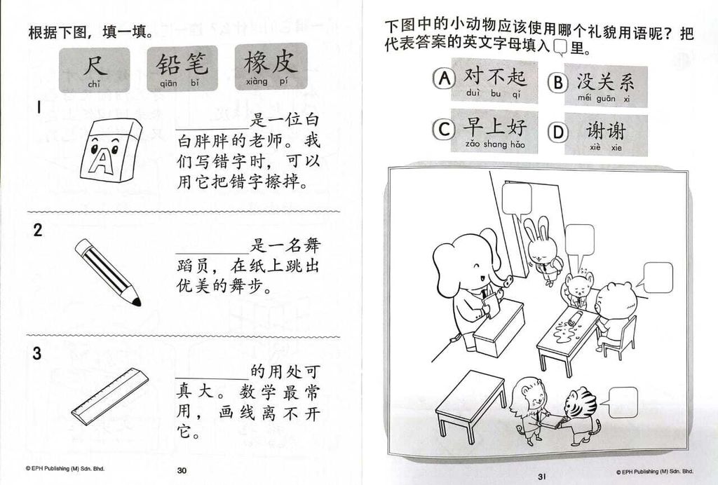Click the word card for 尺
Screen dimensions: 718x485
[95, 70]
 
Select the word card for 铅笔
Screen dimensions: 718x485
[182, 69]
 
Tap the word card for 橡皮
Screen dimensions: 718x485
[271, 67]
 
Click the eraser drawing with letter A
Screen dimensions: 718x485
[110, 150]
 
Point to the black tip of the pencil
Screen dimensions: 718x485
[137, 301]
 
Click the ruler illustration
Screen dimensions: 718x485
[110, 396]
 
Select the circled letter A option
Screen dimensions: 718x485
[444, 78]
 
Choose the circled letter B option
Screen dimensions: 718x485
[558, 83]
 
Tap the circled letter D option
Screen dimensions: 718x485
[558, 132]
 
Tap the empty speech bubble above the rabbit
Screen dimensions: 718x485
[517, 199]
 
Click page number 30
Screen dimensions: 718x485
[182, 470]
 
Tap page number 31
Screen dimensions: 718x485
[542, 477]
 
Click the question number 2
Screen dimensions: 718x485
[38, 230]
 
